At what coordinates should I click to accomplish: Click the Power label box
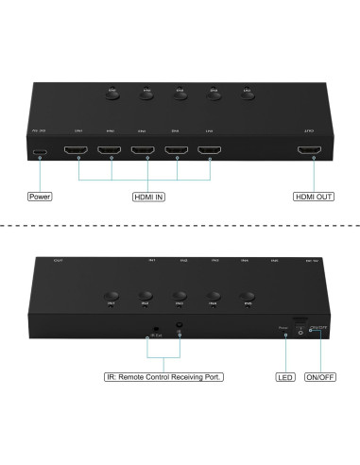39,198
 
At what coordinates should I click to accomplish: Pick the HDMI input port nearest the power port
77,150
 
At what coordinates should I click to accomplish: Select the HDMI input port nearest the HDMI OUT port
209,150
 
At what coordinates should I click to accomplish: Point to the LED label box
285,376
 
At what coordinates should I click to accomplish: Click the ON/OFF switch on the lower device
300,329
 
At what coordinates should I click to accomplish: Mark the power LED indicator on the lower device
285,333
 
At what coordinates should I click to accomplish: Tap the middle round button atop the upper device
179,94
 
